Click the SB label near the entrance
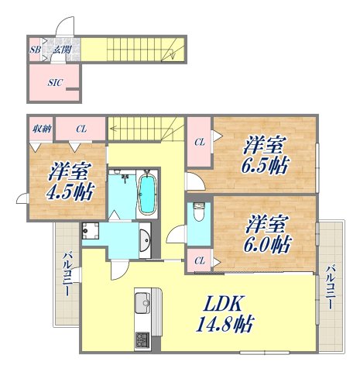pyautogui.click(x=35, y=50)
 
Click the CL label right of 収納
pyautogui.click(x=81, y=129)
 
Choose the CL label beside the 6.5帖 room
pyautogui.click(x=198, y=141)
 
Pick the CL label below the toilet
pyautogui.click(x=198, y=260)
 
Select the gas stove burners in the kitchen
pyautogui.click(x=143, y=339)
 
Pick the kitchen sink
pyautogui.click(x=143, y=303)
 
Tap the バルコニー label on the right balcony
pyautogui.click(x=331, y=288)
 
